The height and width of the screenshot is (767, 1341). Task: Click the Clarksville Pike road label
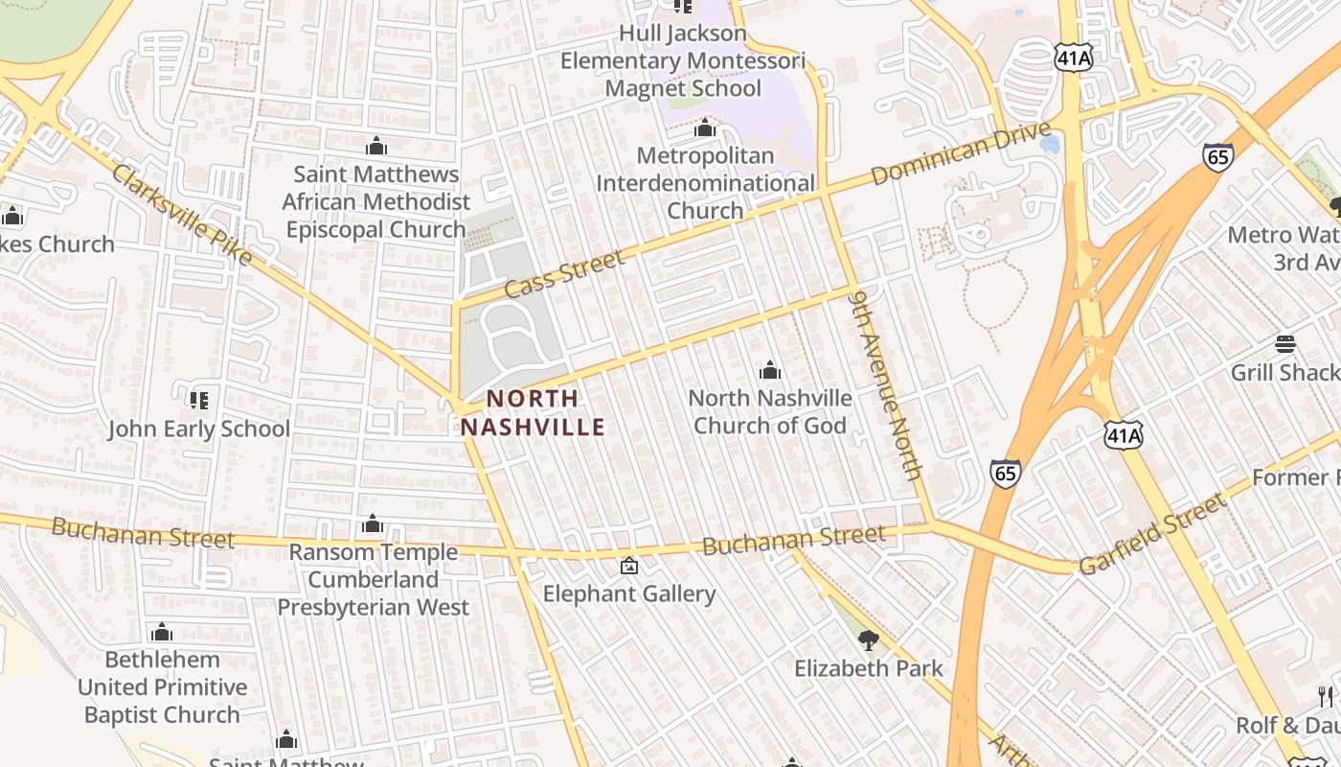coord(182,215)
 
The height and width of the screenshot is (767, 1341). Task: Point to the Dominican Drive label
coord(961,153)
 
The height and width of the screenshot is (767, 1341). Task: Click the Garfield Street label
coord(1152,534)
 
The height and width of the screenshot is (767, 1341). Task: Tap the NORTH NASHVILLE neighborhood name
coord(533,412)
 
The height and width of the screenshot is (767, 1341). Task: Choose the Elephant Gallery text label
coord(629,594)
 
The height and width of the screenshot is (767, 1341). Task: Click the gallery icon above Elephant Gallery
coord(629,567)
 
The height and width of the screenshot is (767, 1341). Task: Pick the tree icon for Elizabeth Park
coord(869,639)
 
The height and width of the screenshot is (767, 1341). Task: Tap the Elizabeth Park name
coord(869,668)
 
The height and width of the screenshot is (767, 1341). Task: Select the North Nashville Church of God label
coord(770,411)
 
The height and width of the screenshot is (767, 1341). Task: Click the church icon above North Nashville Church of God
coord(770,370)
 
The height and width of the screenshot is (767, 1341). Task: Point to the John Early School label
coord(198,429)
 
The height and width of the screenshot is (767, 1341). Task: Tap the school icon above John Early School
coord(198,400)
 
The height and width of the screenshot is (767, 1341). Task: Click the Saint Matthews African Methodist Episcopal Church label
coord(376,202)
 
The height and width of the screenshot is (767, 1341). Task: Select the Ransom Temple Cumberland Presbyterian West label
coord(374,580)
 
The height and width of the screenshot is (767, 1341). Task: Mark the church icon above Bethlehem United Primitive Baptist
coord(162,632)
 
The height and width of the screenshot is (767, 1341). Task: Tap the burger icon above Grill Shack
coord(1285,344)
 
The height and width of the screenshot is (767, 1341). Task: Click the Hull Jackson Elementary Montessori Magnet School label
coord(682,60)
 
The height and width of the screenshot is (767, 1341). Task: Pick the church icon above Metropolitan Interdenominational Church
coord(705,128)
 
